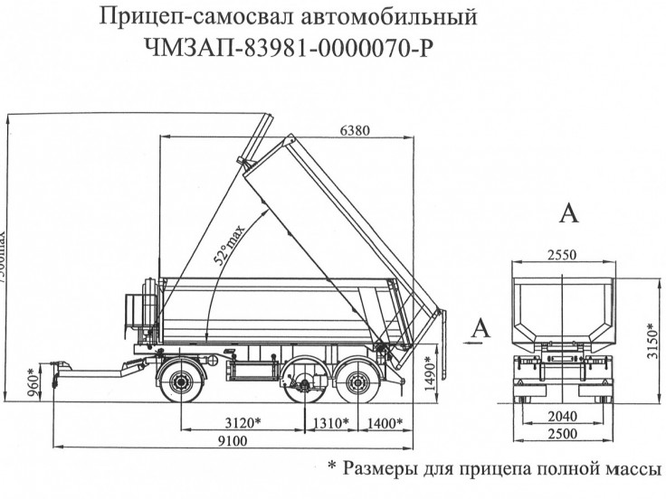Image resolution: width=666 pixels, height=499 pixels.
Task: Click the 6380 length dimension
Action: coord(355,130)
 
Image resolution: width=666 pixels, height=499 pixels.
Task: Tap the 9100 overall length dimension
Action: coord(233,440)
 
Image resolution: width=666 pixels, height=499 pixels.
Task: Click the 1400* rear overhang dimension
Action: coord(384,422)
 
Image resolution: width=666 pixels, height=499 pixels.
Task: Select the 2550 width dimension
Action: coord(561,255)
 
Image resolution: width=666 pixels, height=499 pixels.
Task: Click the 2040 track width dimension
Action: coord(562,416)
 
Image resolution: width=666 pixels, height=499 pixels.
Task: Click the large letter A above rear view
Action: coord(569,213)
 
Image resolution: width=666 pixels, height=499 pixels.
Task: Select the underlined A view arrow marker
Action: coord(480,328)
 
